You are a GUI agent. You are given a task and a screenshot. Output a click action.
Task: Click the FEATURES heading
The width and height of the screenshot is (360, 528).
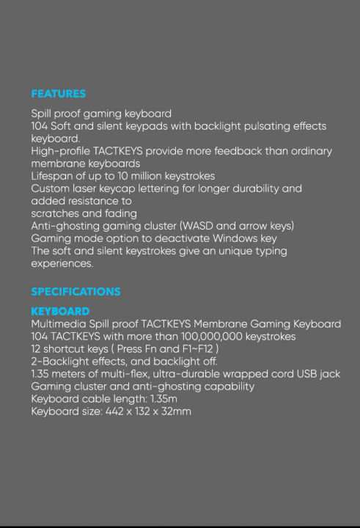click(58, 94)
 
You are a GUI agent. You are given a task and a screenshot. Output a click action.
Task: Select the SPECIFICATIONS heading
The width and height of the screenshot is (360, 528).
click(76, 291)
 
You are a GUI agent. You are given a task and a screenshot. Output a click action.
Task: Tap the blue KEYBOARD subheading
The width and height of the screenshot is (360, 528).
click(60, 312)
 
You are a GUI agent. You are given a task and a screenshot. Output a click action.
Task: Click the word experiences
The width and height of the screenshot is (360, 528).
click(62, 263)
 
